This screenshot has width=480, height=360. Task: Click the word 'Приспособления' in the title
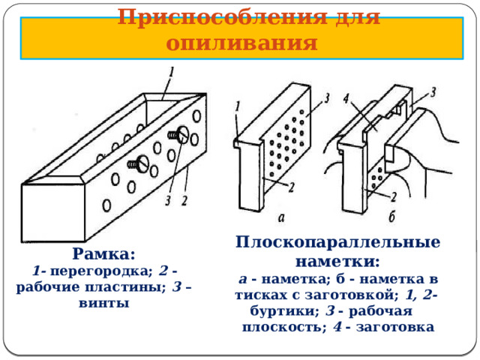(223, 17)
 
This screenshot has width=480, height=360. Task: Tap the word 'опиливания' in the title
(241, 43)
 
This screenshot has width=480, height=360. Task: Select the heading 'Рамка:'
(103, 253)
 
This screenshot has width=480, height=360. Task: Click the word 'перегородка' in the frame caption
(101, 271)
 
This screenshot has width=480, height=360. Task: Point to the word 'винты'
(103, 303)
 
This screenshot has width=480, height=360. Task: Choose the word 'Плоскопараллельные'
(337, 242)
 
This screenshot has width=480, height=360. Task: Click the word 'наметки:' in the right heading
(337, 262)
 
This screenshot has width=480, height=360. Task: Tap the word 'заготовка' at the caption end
(395, 327)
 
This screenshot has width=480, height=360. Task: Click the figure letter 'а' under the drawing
(281, 217)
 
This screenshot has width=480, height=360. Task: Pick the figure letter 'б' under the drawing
(391, 217)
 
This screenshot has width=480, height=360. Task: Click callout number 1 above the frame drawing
(171, 73)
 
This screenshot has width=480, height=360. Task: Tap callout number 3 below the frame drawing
(168, 201)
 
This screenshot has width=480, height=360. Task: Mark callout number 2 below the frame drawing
(184, 201)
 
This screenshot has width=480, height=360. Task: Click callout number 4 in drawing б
(346, 98)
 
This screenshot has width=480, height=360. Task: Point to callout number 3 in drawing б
(433, 92)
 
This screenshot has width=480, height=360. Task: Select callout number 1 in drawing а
(238, 106)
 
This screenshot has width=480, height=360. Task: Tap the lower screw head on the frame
(142, 163)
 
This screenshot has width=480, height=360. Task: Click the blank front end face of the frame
(53, 213)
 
